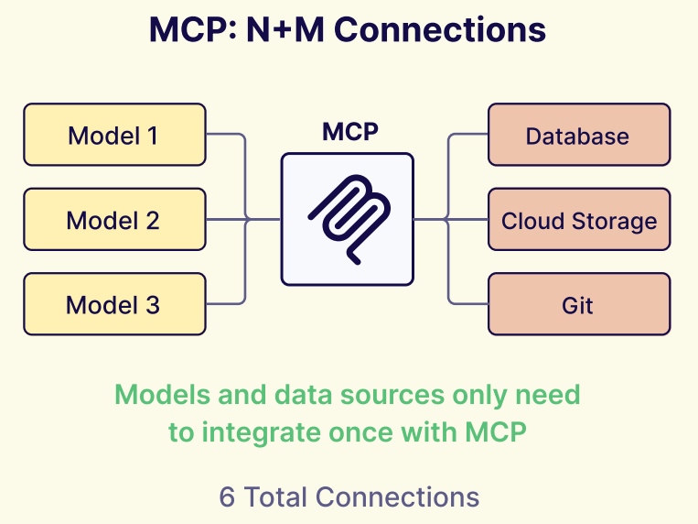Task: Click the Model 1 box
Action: pos(114,136)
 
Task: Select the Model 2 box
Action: pos(114,220)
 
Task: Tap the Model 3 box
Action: pos(114,304)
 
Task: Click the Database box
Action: pos(578,136)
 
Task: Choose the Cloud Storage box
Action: pos(578,220)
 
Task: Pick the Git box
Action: pos(578,304)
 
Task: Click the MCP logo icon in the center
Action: pos(348,220)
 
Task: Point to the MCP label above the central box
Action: pos(349,132)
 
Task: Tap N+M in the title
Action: pos(285,30)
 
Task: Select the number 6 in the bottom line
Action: pos(227,497)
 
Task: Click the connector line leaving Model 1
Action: pos(224,136)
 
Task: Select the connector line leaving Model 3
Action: pos(224,304)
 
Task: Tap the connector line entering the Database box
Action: pos(468,136)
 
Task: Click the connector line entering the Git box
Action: pos(468,304)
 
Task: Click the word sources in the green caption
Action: pos(403,395)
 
